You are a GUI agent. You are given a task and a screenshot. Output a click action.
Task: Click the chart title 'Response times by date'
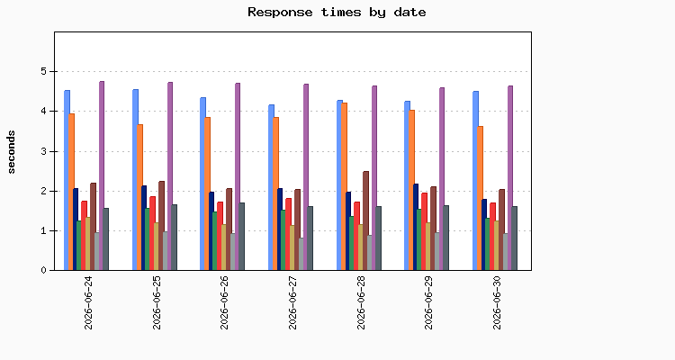337,12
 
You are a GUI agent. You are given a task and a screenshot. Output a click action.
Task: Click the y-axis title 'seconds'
11,152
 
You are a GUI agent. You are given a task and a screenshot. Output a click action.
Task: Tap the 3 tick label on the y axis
43,151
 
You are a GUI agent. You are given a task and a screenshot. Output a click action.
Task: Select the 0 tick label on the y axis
43,270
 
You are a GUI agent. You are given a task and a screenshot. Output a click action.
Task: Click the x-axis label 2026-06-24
88,303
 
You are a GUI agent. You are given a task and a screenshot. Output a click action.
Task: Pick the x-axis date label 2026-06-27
292,303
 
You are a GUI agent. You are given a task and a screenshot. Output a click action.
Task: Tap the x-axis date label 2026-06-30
497,303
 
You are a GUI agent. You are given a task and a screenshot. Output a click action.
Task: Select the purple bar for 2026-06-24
102,175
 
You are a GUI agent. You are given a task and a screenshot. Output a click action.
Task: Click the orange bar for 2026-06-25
139,197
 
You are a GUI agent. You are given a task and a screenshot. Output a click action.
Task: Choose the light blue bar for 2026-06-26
202,184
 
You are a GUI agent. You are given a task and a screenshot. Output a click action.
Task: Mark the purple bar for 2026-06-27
306,177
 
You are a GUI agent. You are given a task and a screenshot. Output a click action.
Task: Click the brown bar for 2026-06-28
366,220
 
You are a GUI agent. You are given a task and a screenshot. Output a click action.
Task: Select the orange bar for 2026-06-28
345,186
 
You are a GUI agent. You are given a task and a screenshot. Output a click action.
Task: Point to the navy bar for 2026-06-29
416,227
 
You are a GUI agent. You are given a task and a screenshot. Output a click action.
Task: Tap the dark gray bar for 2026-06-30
515,238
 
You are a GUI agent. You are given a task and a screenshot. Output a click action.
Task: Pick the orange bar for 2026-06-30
481,198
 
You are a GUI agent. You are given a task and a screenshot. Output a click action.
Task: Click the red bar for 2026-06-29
425,231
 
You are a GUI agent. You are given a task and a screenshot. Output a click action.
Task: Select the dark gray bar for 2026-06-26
242,237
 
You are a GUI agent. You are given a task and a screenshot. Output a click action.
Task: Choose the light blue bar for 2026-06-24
67,180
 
